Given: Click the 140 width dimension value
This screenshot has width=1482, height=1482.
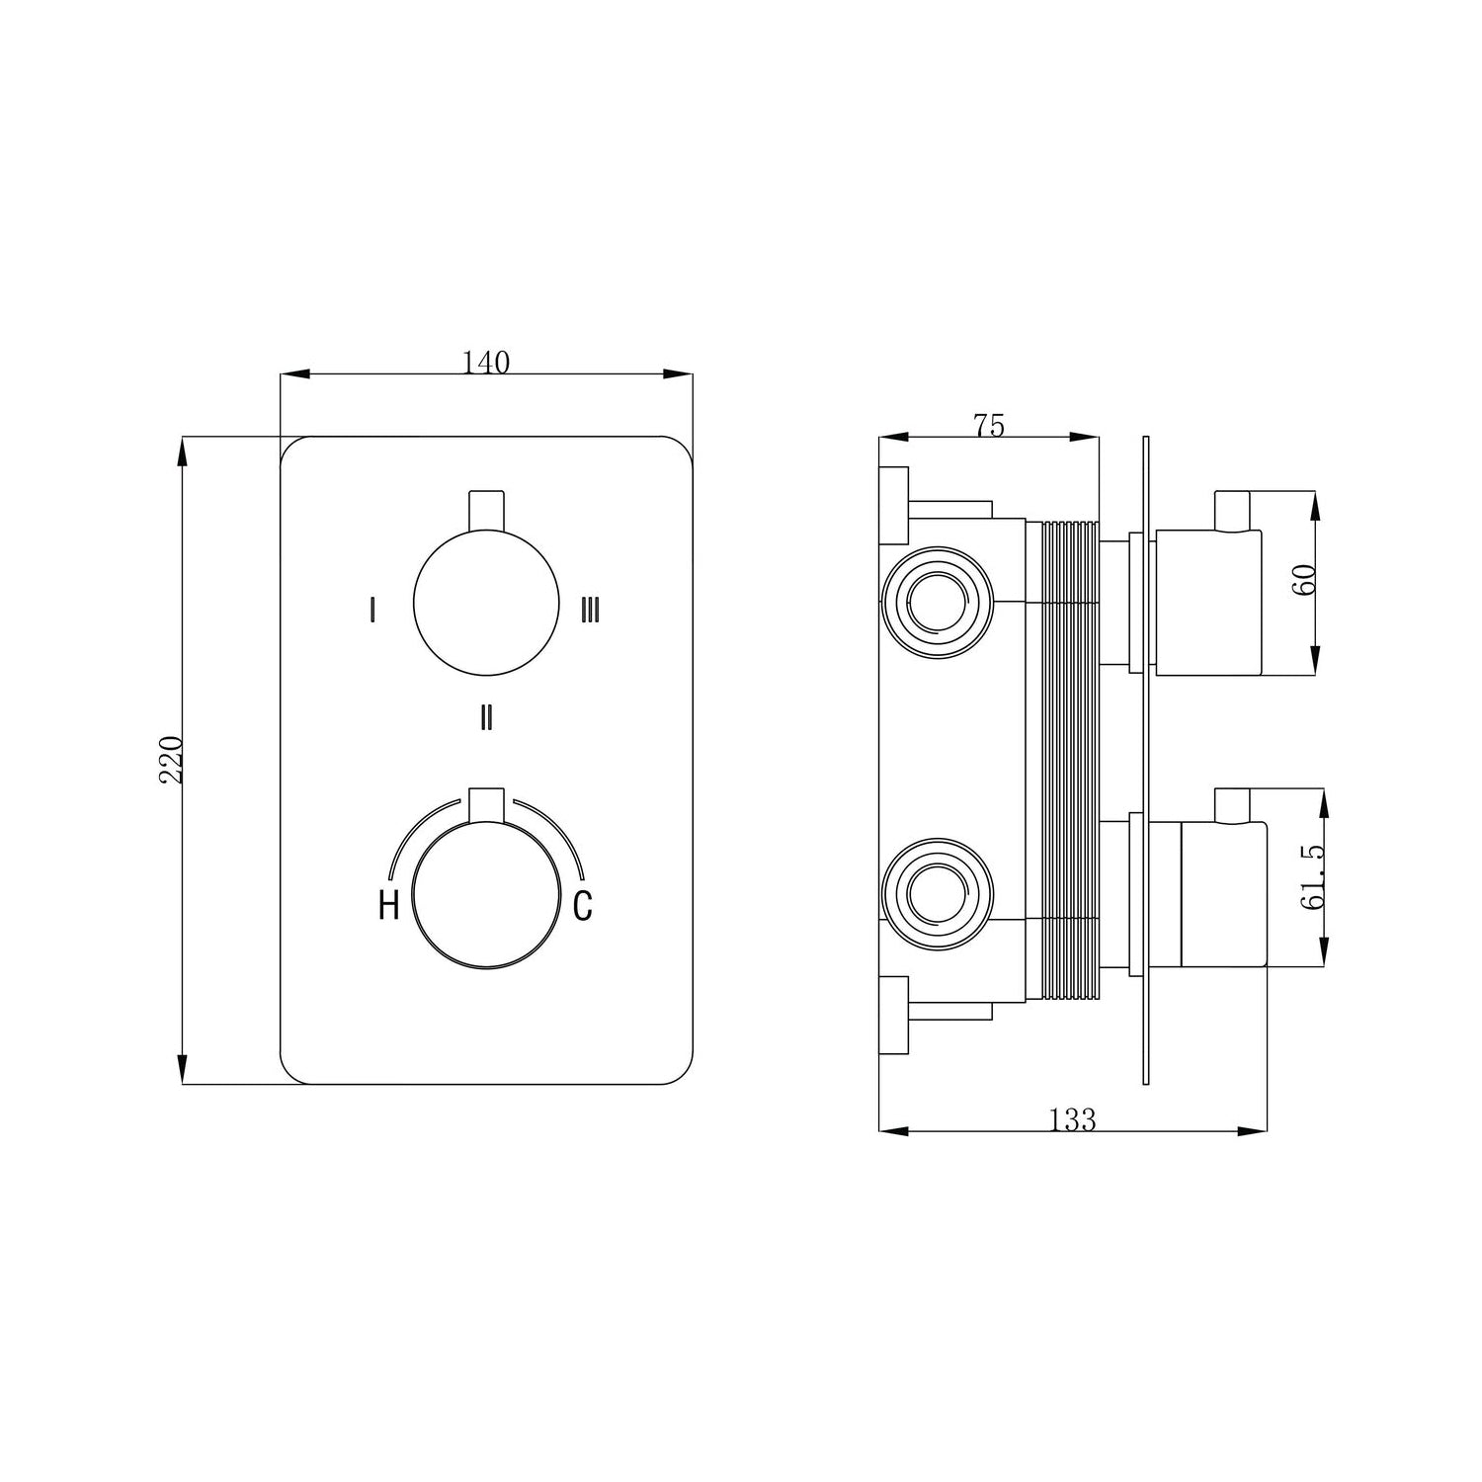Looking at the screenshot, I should [486, 364].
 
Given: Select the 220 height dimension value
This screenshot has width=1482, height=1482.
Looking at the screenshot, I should [171, 759].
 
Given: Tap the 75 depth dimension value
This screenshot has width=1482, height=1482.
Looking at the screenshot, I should [988, 426].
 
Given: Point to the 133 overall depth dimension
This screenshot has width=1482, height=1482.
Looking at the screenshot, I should [1072, 1120].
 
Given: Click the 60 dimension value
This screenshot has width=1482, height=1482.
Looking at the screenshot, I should [1304, 578].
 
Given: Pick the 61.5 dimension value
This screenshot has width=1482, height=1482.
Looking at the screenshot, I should [1313, 877].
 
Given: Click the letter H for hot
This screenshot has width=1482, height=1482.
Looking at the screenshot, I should [388, 905].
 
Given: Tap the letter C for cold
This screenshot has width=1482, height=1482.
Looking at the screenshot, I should [583, 905].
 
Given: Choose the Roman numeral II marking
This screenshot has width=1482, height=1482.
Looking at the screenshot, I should [485, 717].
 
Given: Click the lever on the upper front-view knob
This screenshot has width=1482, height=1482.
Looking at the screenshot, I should [485, 511].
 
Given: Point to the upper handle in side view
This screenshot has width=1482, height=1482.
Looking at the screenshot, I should [1207, 603].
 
